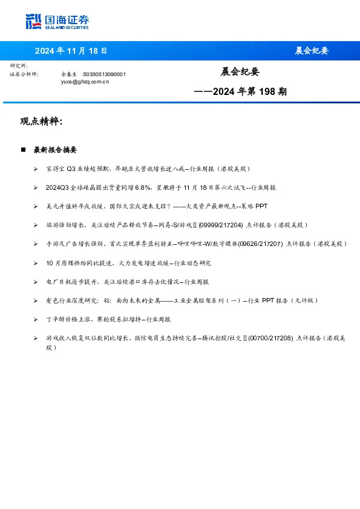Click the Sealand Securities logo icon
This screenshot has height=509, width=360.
33,22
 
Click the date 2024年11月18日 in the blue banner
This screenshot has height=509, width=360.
71,51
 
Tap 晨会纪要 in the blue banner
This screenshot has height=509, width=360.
311,51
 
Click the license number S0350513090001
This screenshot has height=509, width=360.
104,74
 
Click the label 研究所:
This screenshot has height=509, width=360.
19,65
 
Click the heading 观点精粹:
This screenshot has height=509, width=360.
41,122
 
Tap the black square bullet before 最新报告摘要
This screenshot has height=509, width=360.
24,149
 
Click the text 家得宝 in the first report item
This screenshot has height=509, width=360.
54,169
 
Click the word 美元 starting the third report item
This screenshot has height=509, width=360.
51,206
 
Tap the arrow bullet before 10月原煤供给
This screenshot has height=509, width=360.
36,263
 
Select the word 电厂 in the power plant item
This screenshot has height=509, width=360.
51,282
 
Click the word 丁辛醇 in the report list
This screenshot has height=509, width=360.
54,319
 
